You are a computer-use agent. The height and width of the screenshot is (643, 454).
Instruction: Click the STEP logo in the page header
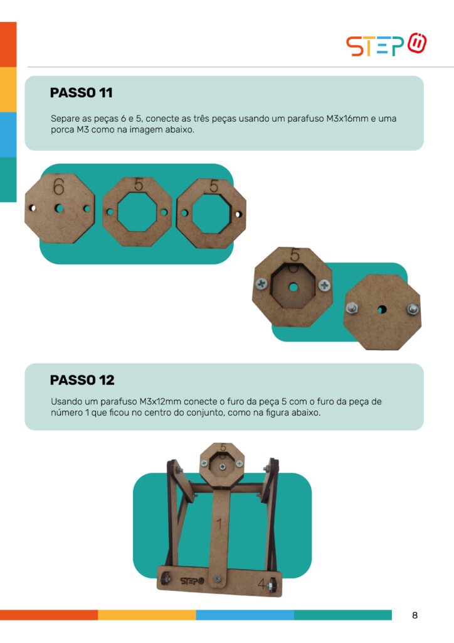(x=386, y=45)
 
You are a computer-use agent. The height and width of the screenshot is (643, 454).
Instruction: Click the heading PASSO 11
(x=81, y=93)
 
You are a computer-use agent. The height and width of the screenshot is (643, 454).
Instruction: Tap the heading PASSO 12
(x=82, y=380)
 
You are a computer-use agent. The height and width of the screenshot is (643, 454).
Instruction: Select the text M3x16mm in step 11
(x=347, y=119)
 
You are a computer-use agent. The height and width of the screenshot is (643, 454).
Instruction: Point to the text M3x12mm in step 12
(x=160, y=401)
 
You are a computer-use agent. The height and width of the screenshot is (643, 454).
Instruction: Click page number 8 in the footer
(x=414, y=615)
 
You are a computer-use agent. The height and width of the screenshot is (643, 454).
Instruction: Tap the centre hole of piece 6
(x=60, y=208)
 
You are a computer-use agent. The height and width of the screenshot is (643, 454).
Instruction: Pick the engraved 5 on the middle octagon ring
(x=139, y=185)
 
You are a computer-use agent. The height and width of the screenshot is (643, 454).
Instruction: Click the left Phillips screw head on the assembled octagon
(x=261, y=283)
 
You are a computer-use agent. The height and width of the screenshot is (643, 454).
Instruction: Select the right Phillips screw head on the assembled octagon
(x=324, y=285)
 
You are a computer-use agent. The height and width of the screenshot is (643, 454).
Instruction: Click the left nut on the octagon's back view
(x=351, y=307)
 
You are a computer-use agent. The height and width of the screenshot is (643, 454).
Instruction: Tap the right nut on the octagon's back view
(x=412, y=309)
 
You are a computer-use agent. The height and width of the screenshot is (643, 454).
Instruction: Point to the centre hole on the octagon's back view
(x=382, y=309)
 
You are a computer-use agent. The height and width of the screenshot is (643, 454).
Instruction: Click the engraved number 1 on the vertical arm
(x=219, y=524)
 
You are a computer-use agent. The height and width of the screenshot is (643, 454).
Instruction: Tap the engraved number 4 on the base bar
(x=261, y=583)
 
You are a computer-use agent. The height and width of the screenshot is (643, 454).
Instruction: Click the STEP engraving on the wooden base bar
(x=192, y=581)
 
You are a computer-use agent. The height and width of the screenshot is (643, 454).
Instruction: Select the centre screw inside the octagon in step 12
(x=222, y=467)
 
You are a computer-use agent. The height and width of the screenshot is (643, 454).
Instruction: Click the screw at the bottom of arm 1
(x=217, y=578)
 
